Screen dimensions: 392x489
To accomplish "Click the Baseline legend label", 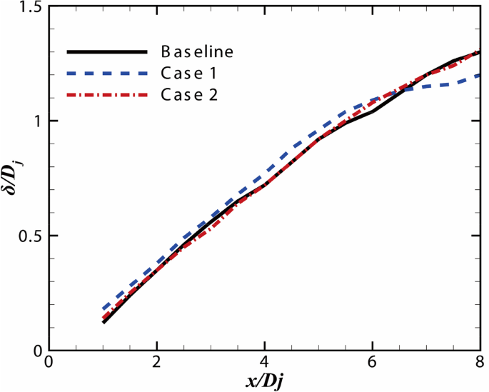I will tap(197, 52).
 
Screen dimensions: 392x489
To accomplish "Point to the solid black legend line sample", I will tap(107, 52).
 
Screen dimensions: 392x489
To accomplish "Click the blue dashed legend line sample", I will tap(107, 73).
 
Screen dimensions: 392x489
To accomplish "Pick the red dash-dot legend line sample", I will tap(107, 94).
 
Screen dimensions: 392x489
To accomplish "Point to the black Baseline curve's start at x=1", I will tap(104, 323).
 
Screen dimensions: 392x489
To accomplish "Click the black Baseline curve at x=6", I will tap(373, 111).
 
